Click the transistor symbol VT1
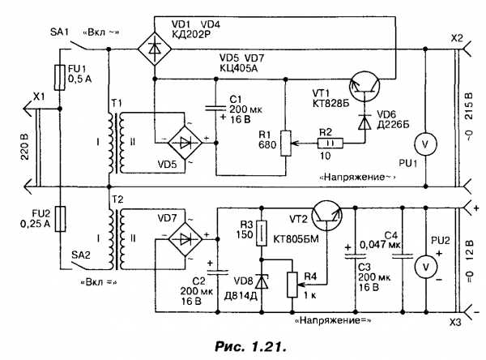(x=364, y=87)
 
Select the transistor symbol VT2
(x=326, y=216)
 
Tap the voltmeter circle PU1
(x=425, y=144)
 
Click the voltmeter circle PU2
(x=426, y=267)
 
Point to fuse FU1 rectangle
(x=60, y=78)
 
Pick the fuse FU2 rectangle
(x=60, y=219)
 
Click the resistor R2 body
(x=330, y=143)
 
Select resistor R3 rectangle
(x=262, y=234)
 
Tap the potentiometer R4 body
(x=292, y=285)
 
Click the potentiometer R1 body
(x=286, y=143)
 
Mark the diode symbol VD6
(x=364, y=122)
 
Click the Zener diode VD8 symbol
(x=262, y=282)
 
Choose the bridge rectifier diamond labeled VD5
(x=185, y=143)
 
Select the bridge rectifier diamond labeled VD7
(x=185, y=239)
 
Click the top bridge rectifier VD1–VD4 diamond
(x=155, y=49)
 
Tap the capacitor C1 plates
(x=216, y=109)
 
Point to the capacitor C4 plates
(x=403, y=256)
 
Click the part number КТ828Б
(x=330, y=104)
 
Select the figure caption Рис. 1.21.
(x=250, y=346)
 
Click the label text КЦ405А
(x=239, y=68)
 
